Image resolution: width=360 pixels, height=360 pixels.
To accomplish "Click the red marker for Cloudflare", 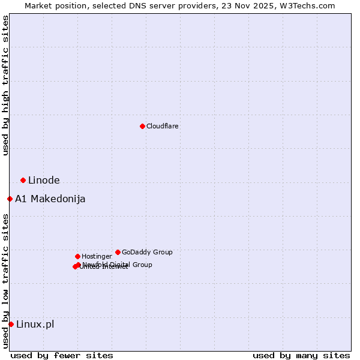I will click(x=142, y=126).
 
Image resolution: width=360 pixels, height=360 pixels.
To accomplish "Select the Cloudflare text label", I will click(x=162, y=126).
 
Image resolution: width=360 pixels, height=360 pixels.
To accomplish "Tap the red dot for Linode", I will click(x=23, y=180).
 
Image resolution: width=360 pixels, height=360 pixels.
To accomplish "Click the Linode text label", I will click(x=44, y=181).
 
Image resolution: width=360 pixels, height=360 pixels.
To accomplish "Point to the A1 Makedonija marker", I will click(x=10, y=199).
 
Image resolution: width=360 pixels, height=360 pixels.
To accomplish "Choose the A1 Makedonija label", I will click(x=50, y=199).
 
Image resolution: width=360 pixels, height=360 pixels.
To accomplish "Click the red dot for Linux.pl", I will click(x=11, y=324).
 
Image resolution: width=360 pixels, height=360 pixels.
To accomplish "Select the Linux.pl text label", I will click(x=35, y=325).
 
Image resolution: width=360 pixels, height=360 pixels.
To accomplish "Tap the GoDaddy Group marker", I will click(x=118, y=252).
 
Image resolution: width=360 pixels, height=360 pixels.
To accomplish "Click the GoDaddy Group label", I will click(x=147, y=252).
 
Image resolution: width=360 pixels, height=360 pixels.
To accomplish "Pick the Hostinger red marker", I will click(x=77, y=256).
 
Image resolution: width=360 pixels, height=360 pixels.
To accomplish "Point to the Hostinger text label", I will click(x=97, y=256).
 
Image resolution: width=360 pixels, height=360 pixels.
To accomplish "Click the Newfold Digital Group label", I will click(x=118, y=265).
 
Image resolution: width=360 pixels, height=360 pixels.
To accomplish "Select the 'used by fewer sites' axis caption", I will click(x=62, y=355).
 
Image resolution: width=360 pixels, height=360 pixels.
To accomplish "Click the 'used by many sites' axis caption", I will click(x=301, y=355).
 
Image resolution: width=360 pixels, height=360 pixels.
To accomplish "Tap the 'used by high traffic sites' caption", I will click(x=5, y=85).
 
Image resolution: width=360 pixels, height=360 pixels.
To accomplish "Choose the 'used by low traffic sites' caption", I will click(x=5, y=281).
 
